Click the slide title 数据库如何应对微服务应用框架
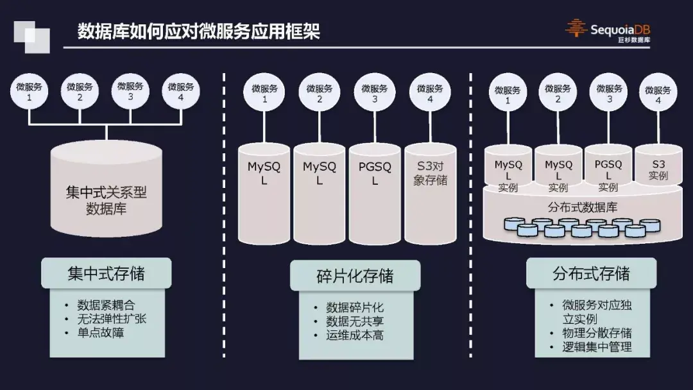(198, 31)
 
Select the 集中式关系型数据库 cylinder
(107, 192)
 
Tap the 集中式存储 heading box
(107, 274)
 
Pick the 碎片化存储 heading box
(355, 276)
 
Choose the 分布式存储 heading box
(591, 274)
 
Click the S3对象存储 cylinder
(430, 192)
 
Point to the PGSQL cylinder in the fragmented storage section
(375, 192)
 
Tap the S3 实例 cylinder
(658, 168)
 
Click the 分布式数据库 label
(583, 207)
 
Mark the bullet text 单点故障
(101, 332)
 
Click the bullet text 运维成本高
(355, 335)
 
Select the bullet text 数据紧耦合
(107, 305)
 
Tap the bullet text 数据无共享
(355, 321)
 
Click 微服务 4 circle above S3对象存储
(430, 94)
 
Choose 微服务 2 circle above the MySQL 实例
(558, 94)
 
